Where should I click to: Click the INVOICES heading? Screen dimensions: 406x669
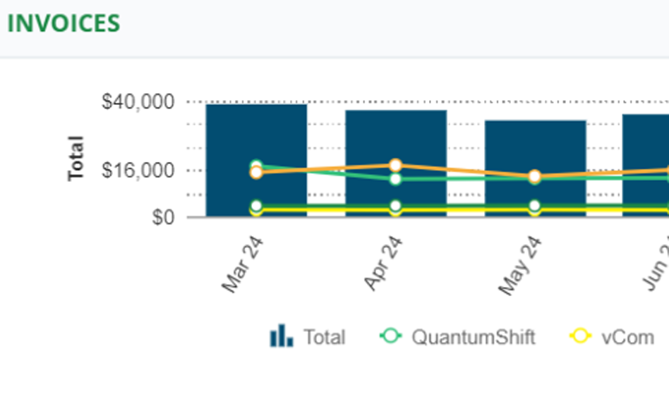pyautogui.click(x=64, y=23)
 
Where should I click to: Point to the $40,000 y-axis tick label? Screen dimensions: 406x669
pyautogui.click(x=138, y=102)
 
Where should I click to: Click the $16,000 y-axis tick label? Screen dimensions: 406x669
pyautogui.click(x=138, y=171)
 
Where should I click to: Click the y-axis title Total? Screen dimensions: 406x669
pyautogui.click(x=76, y=158)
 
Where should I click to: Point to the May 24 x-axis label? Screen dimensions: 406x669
pyautogui.click(x=521, y=266)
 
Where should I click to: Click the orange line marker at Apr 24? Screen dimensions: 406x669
pyautogui.click(x=396, y=166)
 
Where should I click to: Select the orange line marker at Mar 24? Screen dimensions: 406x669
pyautogui.click(x=256, y=173)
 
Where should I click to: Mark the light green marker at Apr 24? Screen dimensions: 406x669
pyautogui.click(x=396, y=179)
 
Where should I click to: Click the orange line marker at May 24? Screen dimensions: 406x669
pyautogui.click(x=535, y=176)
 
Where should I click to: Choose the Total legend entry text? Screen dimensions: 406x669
pyautogui.click(x=325, y=338)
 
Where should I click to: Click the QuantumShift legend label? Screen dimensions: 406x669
pyautogui.click(x=474, y=337)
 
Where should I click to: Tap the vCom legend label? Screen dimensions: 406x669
pyautogui.click(x=628, y=337)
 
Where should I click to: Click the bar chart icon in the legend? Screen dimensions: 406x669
pyautogui.click(x=281, y=336)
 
